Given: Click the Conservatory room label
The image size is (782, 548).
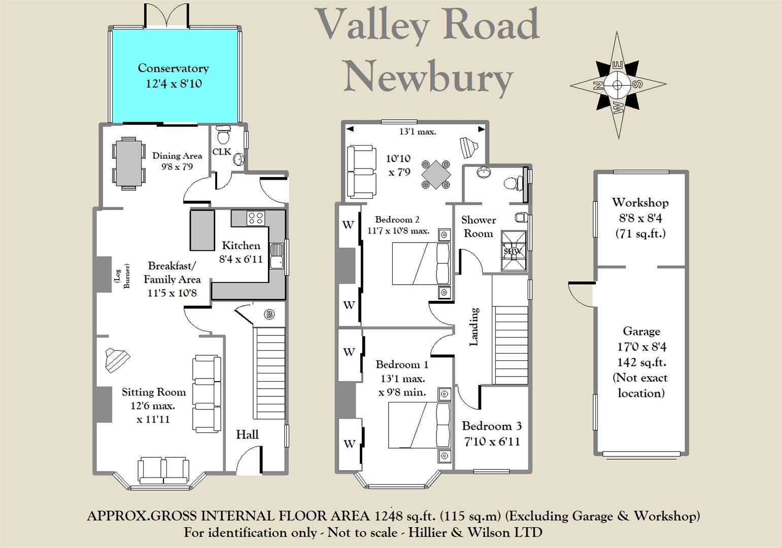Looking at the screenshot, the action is pyautogui.click(x=173, y=68).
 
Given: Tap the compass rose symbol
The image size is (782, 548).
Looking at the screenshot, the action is pyautogui.click(x=618, y=85).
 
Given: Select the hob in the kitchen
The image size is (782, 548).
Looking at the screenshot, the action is pyautogui.click(x=255, y=219).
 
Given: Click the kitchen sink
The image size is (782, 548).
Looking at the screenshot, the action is pyautogui.click(x=277, y=256).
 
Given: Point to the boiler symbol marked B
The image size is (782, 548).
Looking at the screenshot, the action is pyautogui.click(x=269, y=315).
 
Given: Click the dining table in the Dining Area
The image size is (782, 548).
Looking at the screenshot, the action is pyautogui.click(x=129, y=163).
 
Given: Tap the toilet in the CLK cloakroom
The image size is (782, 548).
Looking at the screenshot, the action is pyautogui.click(x=223, y=135).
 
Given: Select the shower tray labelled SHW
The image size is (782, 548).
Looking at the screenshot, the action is pyautogui.click(x=514, y=251).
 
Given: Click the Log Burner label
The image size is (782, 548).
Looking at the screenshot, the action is pyautogui.click(x=122, y=276).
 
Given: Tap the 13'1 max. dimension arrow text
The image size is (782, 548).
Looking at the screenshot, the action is pyautogui.click(x=418, y=131).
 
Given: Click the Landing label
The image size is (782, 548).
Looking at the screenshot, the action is pyautogui.click(x=474, y=327).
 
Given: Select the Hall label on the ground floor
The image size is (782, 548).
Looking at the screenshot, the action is pyautogui.click(x=247, y=434).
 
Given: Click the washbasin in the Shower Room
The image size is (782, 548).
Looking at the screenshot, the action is pyautogui.click(x=484, y=173).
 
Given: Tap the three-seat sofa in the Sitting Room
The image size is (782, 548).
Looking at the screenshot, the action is pyautogui.click(x=207, y=394).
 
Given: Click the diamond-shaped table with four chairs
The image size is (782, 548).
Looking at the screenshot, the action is pyautogui.click(x=436, y=175).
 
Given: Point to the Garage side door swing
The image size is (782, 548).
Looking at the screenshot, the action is pyautogui.click(x=581, y=294).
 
